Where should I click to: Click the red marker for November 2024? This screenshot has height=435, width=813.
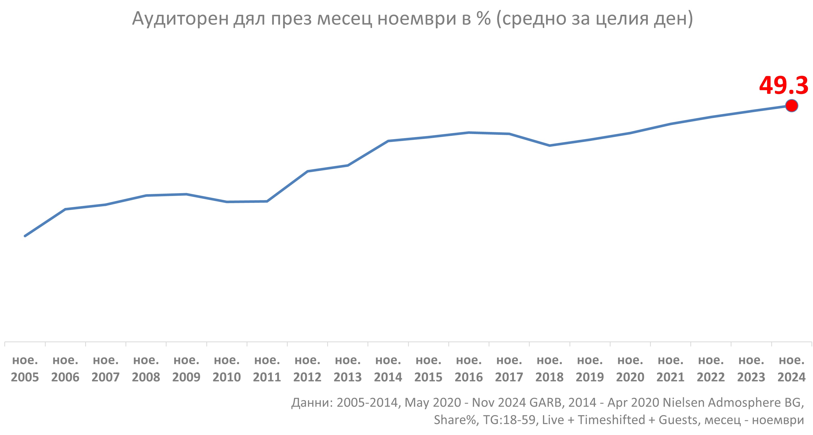point(792,106)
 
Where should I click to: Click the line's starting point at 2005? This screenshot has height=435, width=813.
point(25,236)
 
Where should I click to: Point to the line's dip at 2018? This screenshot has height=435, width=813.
point(550,146)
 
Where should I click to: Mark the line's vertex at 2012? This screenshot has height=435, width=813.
point(307,171)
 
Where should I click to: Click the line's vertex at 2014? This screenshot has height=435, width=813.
point(388,141)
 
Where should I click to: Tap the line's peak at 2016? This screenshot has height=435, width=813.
point(469,133)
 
